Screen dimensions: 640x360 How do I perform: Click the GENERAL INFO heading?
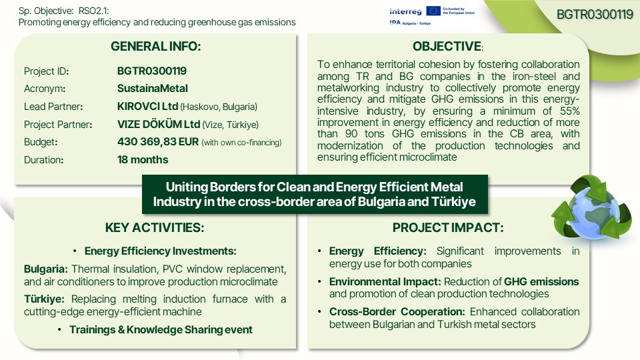pos(156,47)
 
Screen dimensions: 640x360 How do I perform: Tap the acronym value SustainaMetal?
pos(152,89)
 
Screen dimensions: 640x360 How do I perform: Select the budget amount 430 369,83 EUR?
pos(157,142)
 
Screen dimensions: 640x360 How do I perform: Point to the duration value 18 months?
pos(143,159)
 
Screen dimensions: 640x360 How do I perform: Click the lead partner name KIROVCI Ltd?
pos(147,107)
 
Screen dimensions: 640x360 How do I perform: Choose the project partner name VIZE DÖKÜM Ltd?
pos(159,124)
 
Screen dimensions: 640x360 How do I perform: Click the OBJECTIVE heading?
pos(447,47)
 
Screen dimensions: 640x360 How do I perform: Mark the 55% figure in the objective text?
pos(569,111)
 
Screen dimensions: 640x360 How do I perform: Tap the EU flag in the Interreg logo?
pos(433,11)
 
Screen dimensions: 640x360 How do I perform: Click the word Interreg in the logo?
pos(405,11)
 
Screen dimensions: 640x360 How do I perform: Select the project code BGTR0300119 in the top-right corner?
pos(595,15)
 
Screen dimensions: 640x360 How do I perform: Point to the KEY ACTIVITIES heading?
pos(155,228)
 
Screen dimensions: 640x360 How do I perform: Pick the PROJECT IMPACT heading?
pos(448,228)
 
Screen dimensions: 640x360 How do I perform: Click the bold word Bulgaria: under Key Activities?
pos(46,269)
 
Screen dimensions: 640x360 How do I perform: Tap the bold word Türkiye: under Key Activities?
pos(44,299)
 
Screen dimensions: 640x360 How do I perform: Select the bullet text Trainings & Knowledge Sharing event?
pos(161,330)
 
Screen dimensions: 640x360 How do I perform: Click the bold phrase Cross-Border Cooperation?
pos(397,312)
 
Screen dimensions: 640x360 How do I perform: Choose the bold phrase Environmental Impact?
pos(385,281)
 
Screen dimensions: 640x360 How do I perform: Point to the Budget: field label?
pos(41,142)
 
